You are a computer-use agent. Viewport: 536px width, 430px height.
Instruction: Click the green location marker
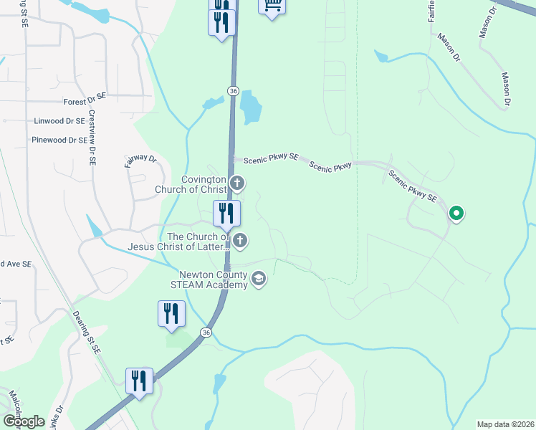(x=456, y=213)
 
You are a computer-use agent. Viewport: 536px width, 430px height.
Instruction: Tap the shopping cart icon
(x=272, y=6)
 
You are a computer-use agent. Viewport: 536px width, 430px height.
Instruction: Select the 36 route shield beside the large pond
(x=233, y=91)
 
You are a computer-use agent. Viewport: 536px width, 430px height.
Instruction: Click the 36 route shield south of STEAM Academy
(x=206, y=333)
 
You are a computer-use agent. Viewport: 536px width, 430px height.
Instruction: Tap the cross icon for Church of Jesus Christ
(x=241, y=242)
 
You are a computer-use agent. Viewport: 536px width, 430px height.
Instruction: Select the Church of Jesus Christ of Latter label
(x=196, y=242)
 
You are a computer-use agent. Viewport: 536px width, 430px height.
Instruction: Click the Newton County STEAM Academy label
(x=214, y=279)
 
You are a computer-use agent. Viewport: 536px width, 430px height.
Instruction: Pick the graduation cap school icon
(x=259, y=279)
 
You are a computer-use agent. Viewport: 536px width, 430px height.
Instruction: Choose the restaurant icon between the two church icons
(x=226, y=213)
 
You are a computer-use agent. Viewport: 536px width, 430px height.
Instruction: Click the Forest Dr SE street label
(x=85, y=102)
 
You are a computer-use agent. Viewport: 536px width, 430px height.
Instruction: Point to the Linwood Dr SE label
(x=59, y=121)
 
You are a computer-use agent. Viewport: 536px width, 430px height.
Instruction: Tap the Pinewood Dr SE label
(x=59, y=140)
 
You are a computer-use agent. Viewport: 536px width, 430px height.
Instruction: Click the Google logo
(x=24, y=421)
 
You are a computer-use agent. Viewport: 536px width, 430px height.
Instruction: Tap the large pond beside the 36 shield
(x=250, y=107)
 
